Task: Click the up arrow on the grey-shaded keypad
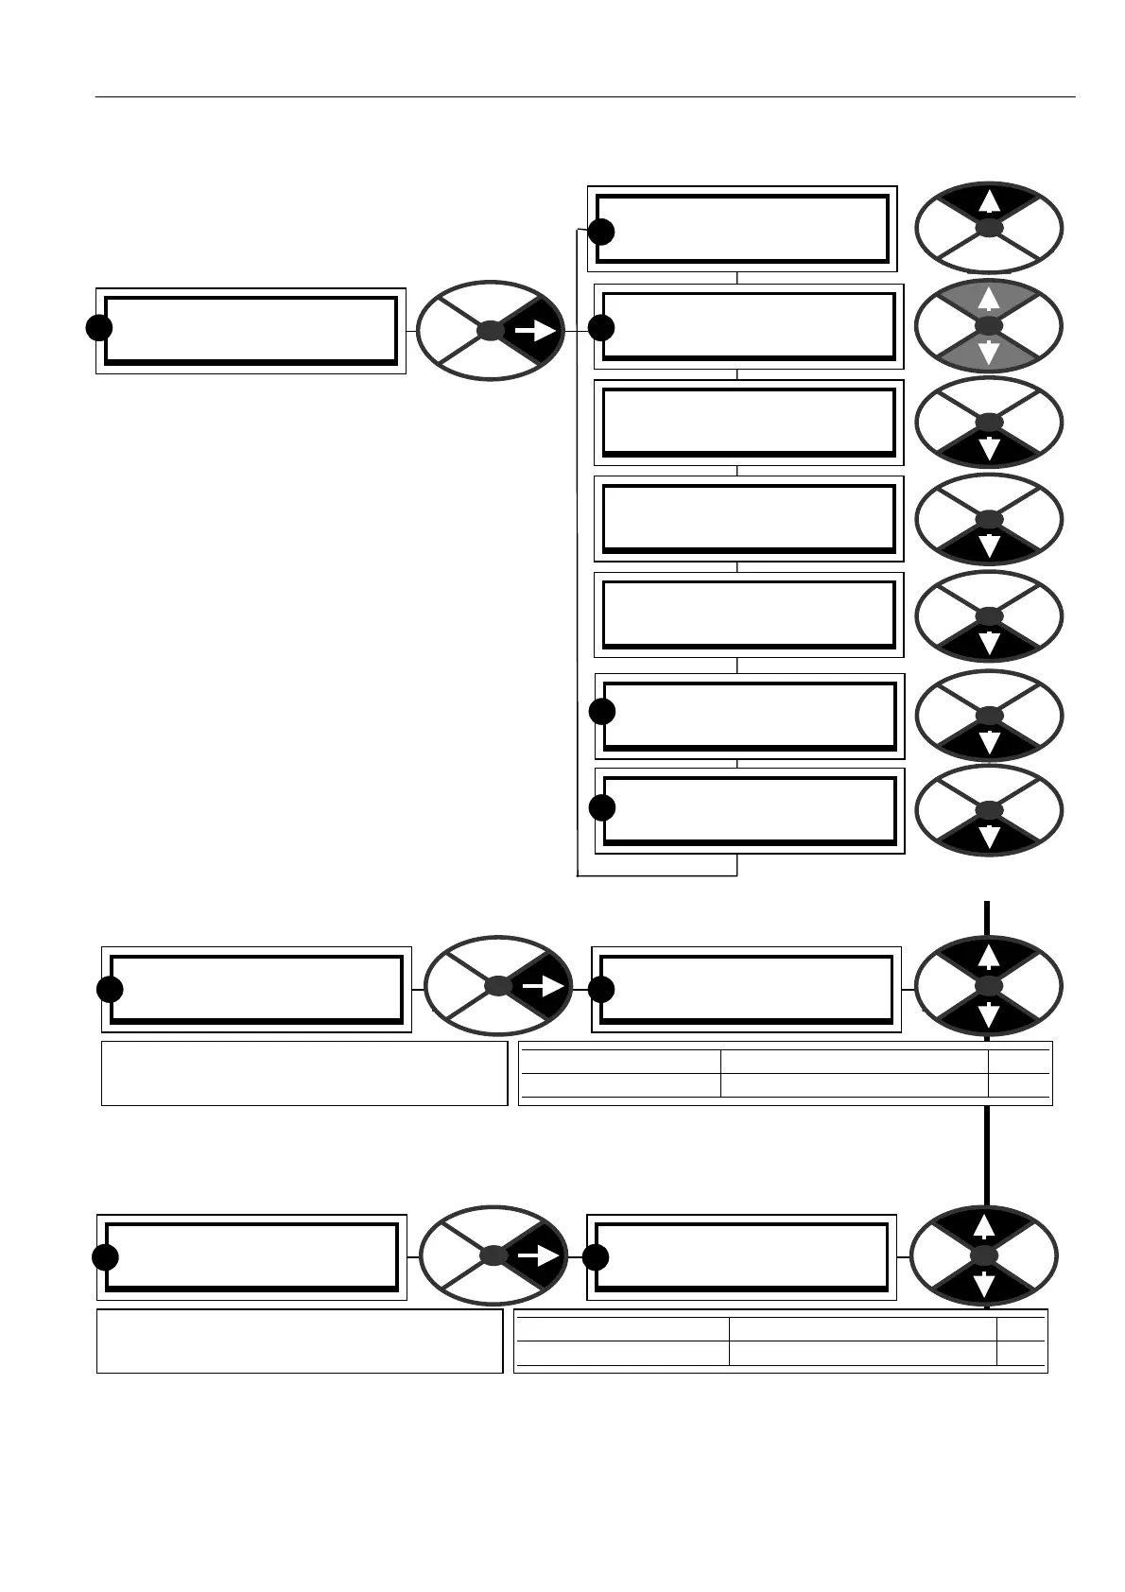click(988, 300)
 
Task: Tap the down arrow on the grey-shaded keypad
click(988, 354)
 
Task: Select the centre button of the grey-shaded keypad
click(988, 325)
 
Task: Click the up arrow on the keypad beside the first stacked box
click(988, 201)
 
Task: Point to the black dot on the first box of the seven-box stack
click(601, 232)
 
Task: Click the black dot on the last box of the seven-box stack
click(602, 808)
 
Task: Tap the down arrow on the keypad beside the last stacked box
click(989, 837)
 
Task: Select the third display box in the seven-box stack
click(748, 423)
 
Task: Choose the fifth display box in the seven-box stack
click(748, 614)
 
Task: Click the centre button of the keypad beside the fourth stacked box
click(989, 519)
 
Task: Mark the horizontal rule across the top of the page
click(585, 96)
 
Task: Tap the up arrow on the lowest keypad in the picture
click(984, 1227)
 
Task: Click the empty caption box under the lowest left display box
click(299, 1341)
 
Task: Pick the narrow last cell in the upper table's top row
click(1019, 1062)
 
